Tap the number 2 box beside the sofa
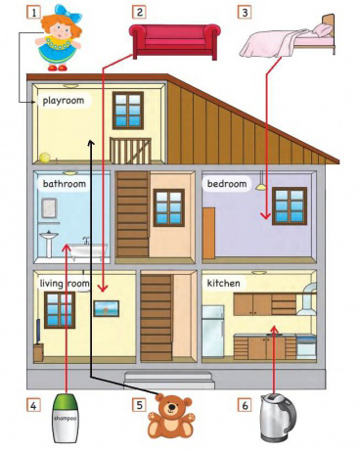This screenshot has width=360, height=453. point(139,12)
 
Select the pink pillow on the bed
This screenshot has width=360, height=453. point(323,30)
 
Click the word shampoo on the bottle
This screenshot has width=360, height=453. point(66,418)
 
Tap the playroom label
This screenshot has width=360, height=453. point(64,100)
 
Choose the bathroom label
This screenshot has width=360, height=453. point(65,184)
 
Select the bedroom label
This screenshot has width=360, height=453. point(227,184)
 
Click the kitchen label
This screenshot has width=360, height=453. point(224,283)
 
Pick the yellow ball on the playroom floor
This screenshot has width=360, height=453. point(45,158)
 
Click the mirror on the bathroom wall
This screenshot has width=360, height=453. point(49,208)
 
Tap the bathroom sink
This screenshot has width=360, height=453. point(49,243)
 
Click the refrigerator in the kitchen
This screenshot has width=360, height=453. point(213,332)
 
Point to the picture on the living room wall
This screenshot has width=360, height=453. point(107,308)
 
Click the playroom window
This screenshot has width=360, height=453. point(128,111)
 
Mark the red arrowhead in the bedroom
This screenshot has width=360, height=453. point(266,215)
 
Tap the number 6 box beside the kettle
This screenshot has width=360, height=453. point(245,405)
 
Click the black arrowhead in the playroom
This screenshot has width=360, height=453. point(91,143)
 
